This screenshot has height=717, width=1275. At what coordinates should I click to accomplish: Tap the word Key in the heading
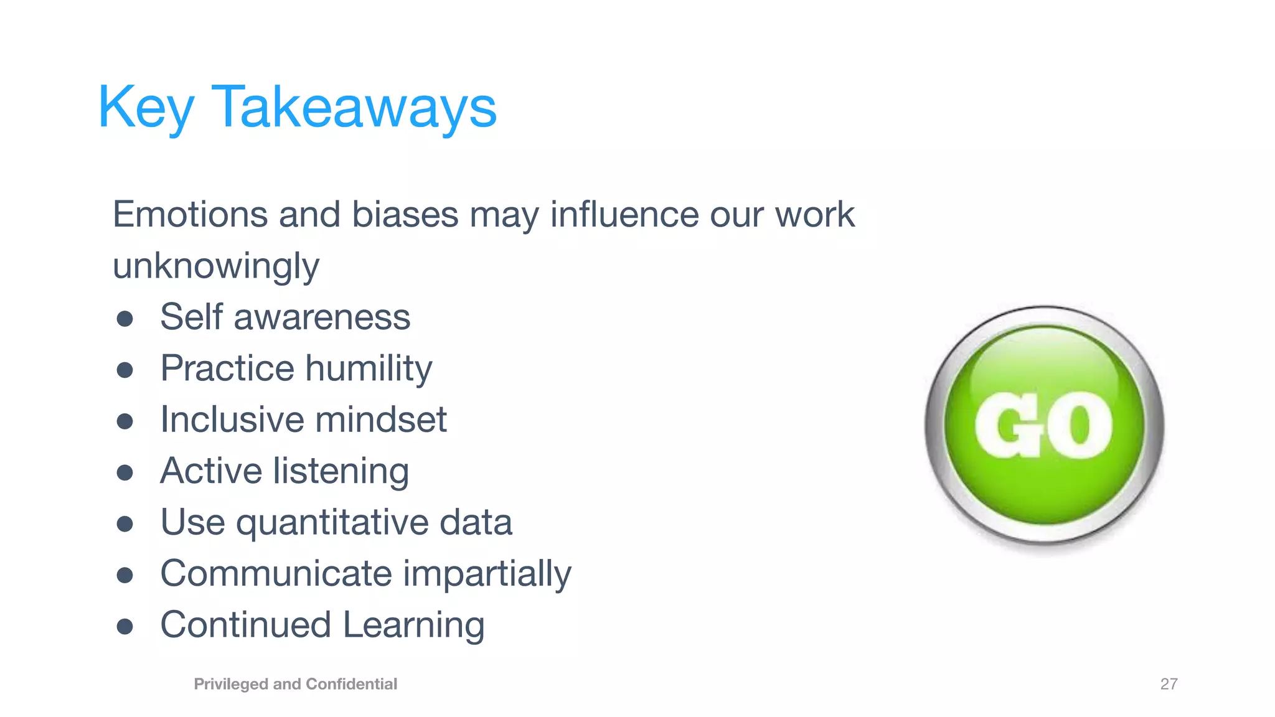pyautogui.click(x=146, y=107)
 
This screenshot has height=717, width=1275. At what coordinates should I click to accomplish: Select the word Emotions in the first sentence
pyautogui.click(x=190, y=215)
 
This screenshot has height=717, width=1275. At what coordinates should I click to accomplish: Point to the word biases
pyautogui.click(x=405, y=215)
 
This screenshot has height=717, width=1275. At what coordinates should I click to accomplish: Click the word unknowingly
pyautogui.click(x=215, y=266)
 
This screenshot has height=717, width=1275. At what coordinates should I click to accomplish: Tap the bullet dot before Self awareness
pyautogui.click(x=125, y=319)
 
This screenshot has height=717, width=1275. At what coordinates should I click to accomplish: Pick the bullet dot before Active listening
pyautogui.click(x=125, y=472)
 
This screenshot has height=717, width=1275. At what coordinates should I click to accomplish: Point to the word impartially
pyautogui.click(x=487, y=574)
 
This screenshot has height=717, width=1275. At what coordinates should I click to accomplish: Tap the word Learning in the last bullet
pyautogui.click(x=413, y=625)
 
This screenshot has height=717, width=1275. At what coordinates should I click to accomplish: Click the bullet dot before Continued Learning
pyautogui.click(x=125, y=626)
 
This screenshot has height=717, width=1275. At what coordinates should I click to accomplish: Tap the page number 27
pyautogui.click(x=1169, y=684)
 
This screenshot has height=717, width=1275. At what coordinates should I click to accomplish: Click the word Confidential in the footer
pyautogui.click(x=351, y=684)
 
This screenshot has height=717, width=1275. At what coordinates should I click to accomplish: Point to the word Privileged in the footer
pyautogui.click(x=231, y=684)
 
